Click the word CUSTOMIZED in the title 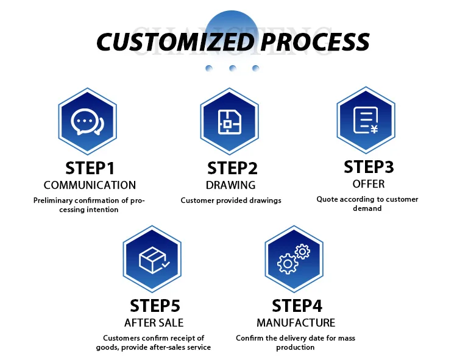(175, 41)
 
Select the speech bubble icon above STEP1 (87, 123)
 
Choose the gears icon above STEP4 (294, 260)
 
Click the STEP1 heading (90, 168)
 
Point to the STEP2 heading (232, 168)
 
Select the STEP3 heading (369, 166)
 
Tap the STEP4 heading (297, 306)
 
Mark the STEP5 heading (155, 306)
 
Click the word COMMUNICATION (90, 185)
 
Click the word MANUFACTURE (296, 322)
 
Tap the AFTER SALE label (154, 322)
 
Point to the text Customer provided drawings (231, 200)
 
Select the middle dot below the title (232, 68)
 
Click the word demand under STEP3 (367, 208)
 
